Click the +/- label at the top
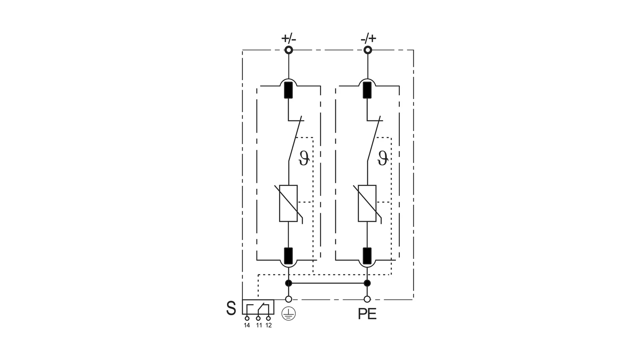coord(288,38)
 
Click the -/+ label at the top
coord(368,38)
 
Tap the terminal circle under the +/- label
coord(288,50)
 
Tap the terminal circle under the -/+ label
coord(368,50)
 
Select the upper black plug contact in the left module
coord(288,90)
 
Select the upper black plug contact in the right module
coord(367,90)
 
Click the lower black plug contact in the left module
coord(288,256)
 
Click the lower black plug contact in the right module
coord(367,256)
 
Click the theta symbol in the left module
coord(304,158)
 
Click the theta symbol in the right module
coord(383,158)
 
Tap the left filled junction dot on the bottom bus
coord(288,283)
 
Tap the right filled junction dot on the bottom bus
coord(367,283)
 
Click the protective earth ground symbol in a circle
coord(288,314)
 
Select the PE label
coord(367,314)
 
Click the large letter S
coord(231,308)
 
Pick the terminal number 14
coord(247,325)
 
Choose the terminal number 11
coord(259,325)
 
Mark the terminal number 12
coord(268,325)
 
